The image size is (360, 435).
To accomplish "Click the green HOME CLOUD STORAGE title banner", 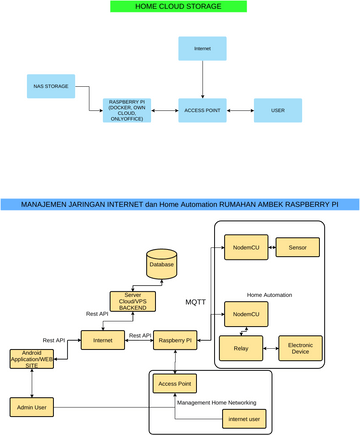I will (179, 7).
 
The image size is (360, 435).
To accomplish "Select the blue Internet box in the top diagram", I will (202, 48).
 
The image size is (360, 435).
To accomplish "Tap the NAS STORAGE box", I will (51, 88).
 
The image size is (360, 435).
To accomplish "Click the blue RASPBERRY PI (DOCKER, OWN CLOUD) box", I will (128, 109).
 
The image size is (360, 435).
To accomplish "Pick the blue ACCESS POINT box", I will (202, 109).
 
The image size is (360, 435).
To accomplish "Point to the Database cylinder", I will (161, 264).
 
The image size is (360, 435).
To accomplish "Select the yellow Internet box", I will (103, 341).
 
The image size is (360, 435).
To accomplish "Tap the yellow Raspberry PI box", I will (176, 341).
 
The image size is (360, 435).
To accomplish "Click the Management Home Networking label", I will (215, 402).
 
